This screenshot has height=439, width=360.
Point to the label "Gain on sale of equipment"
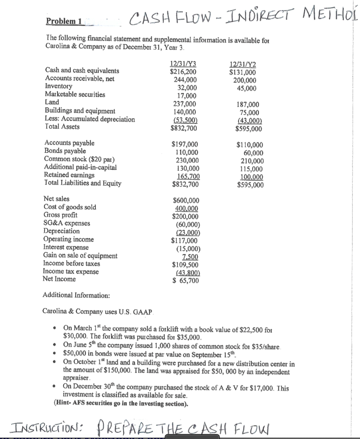click(80, 256)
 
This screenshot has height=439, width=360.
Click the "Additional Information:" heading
click(76, 295)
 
